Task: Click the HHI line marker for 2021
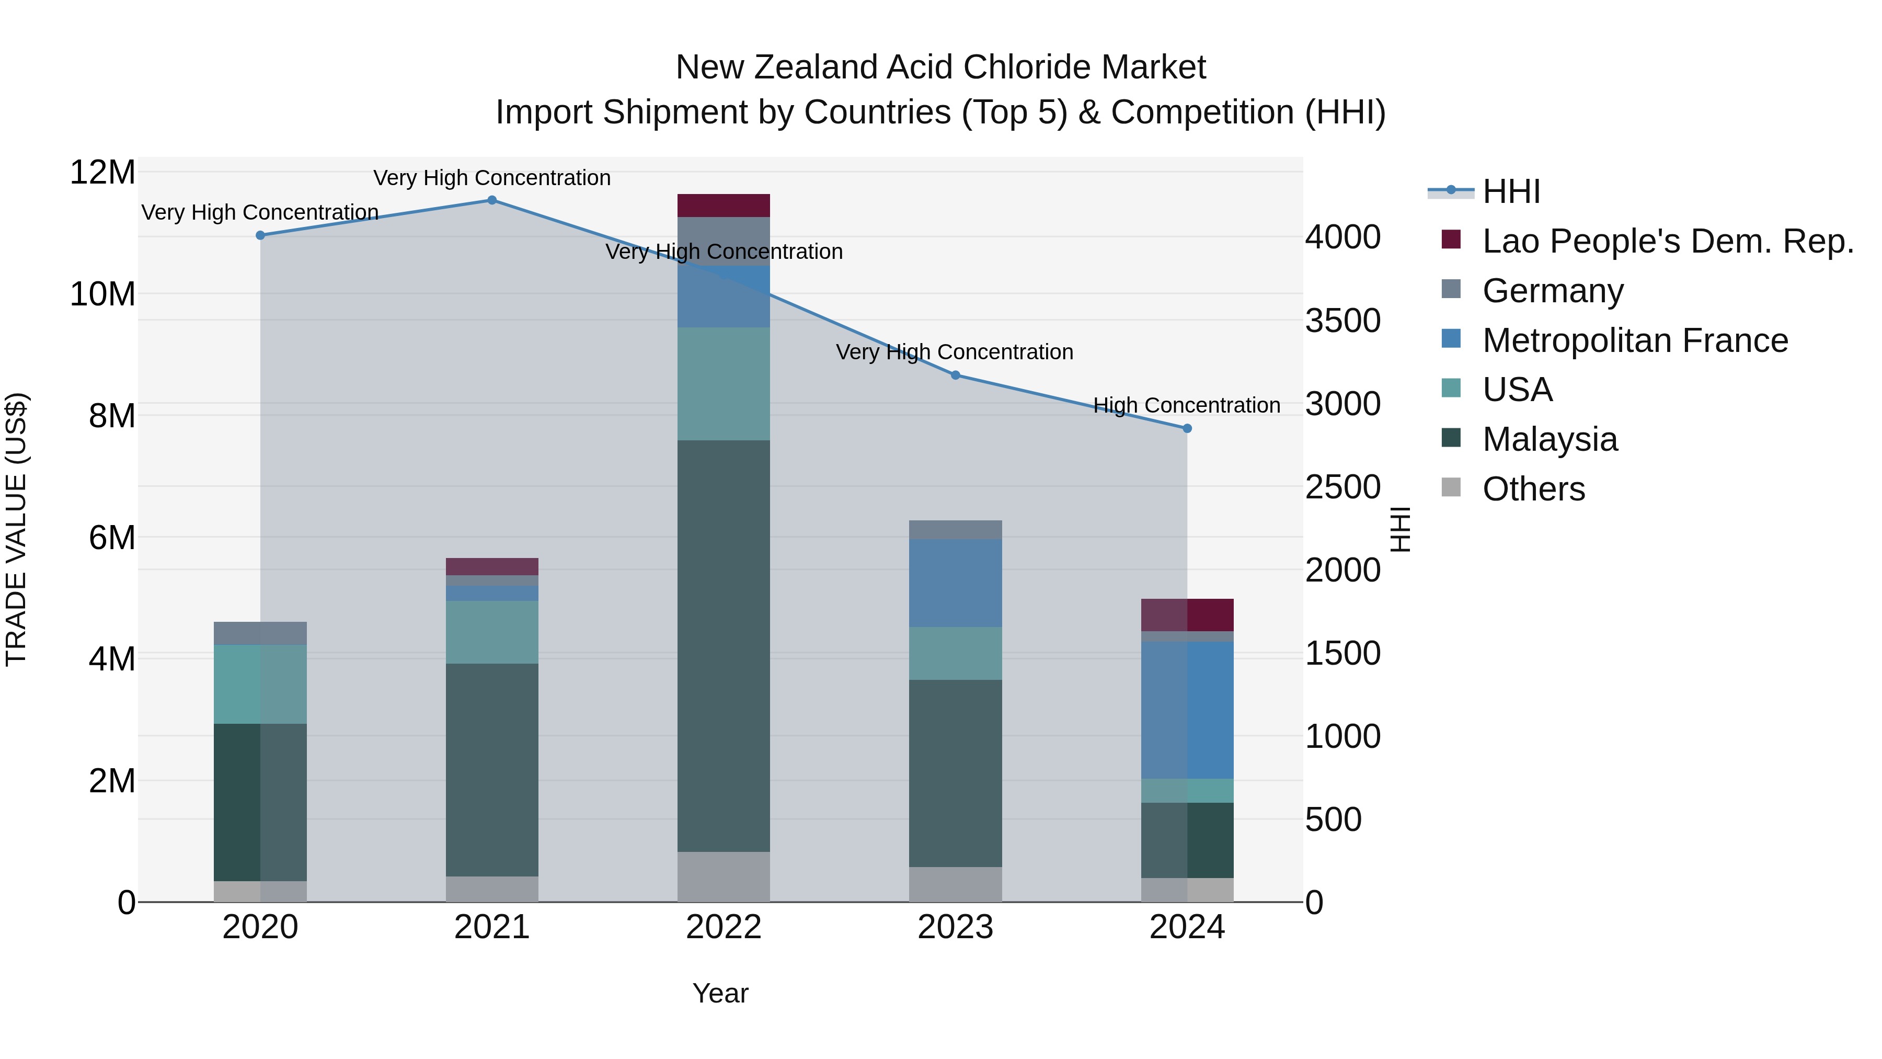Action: click(x=492, y=200)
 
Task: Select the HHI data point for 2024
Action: click(x=1187, y=428)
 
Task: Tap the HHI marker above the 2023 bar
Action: click(x=956, y=375)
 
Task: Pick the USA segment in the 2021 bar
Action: click(x=492, y=632)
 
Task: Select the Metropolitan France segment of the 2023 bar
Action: click(x=956, y=583)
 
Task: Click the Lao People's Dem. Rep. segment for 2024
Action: click(x=1187, y=614)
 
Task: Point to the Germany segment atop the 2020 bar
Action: click(x=260, y=633)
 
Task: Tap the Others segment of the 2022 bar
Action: click(x=724, y=876)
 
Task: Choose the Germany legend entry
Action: click(x=1553, y=291)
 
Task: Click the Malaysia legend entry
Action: click(x=1550, y=439)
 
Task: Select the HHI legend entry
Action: click(x=1511, y=191)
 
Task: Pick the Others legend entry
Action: click(x=1533, y=489)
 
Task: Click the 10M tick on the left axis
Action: click(x=102, y=294)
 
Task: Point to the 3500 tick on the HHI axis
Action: click(x=1343, y=321)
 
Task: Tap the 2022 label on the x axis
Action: click(x=724, y=927)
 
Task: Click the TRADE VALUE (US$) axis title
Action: click(x=16, y=529)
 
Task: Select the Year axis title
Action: click(x=720, y=993)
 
